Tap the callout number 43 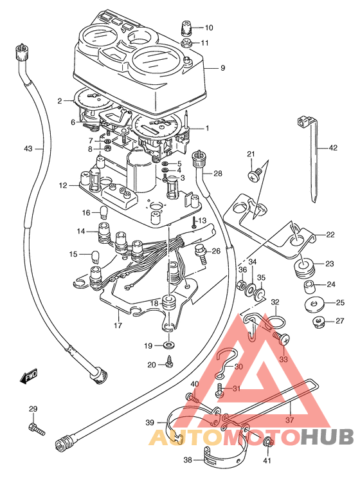click(x=28, y=149)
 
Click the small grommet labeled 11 click(x=186, y=43)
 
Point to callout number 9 click(x=222, y=68)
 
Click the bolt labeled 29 click(x=37, y=428)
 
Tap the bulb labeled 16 click(x=104, y=212)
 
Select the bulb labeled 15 click(x=96, y=256)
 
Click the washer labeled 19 click(x=168, y=345)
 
